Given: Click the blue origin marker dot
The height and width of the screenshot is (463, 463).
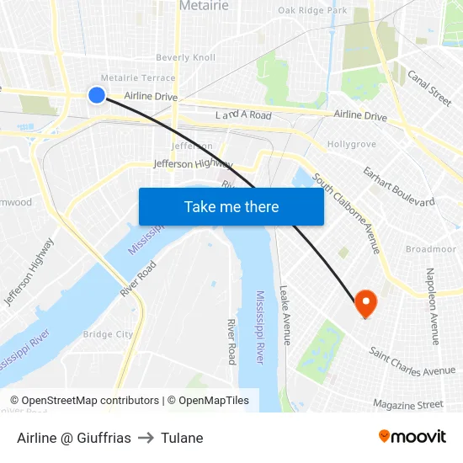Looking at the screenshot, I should point(97,95).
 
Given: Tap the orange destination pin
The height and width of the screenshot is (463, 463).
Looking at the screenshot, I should point(366,302).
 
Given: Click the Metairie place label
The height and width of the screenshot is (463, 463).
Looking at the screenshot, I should point(204,7).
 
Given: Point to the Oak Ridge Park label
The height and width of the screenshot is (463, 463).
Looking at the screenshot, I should point(312,10).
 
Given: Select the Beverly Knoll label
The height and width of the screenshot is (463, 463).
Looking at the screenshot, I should point(185,57).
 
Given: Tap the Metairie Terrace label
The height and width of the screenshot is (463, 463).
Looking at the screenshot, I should point(138,77).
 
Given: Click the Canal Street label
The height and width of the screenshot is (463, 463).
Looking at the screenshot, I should point(429,88).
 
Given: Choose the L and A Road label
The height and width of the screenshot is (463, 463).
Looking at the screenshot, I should point(243,114).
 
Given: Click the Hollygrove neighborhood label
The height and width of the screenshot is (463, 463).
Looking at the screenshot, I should point(351,145).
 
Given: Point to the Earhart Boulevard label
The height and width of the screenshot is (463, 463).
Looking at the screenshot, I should point(398,186).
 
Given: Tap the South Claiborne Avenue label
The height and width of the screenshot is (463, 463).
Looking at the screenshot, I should point(347,213).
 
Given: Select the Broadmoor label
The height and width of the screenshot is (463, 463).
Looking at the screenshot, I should point(430,249).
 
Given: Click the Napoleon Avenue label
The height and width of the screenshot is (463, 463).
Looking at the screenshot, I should point(432,306).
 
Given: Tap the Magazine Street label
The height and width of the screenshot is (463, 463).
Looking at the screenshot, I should point(407,404).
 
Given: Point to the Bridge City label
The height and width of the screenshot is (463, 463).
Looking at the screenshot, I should point(108,334).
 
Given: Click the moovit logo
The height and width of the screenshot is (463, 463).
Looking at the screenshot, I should point(412,437).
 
